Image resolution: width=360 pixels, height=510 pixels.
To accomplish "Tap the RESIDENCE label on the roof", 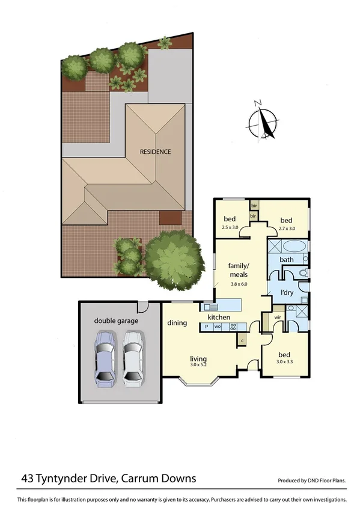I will tap(156, 152).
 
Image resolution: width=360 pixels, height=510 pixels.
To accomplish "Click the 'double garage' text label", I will tap(116, 321).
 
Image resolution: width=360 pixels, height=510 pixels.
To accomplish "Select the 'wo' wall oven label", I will tap(218, 327).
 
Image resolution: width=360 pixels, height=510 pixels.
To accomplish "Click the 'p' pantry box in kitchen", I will tap(206, 327).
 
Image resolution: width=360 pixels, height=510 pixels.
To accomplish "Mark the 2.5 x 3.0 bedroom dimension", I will tap(230, 227).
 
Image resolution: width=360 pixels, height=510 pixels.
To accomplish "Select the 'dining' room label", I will tap(177, 323).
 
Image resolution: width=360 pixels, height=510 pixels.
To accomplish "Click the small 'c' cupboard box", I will tap(242, 341).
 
